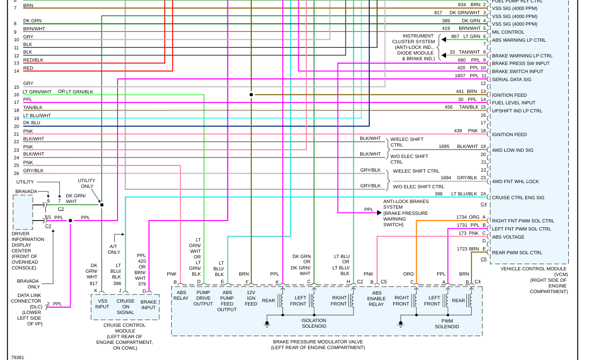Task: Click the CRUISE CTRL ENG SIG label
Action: tap(518, 198)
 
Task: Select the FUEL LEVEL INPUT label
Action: tap(513, 103)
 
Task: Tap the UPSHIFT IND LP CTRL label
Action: tap(517, 111)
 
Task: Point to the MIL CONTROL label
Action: tap(508, 32)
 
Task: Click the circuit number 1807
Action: tap(460, 76)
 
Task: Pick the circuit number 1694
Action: tap(446, 178)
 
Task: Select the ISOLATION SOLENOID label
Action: tap(314, 323)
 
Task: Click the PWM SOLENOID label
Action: tap(446, 323)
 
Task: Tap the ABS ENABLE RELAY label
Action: tap(376, 298)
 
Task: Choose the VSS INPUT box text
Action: tap(102, 304)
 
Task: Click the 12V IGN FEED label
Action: tap(251, 298)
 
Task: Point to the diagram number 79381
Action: tap(18, 357)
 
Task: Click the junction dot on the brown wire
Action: tap(251, 95)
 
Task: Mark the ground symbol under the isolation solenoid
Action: tap(267, 324)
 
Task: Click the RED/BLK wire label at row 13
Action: tap(33, 60)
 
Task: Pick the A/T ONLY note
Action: tap(114, 249)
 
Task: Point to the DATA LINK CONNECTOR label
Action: tap(26, 298)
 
